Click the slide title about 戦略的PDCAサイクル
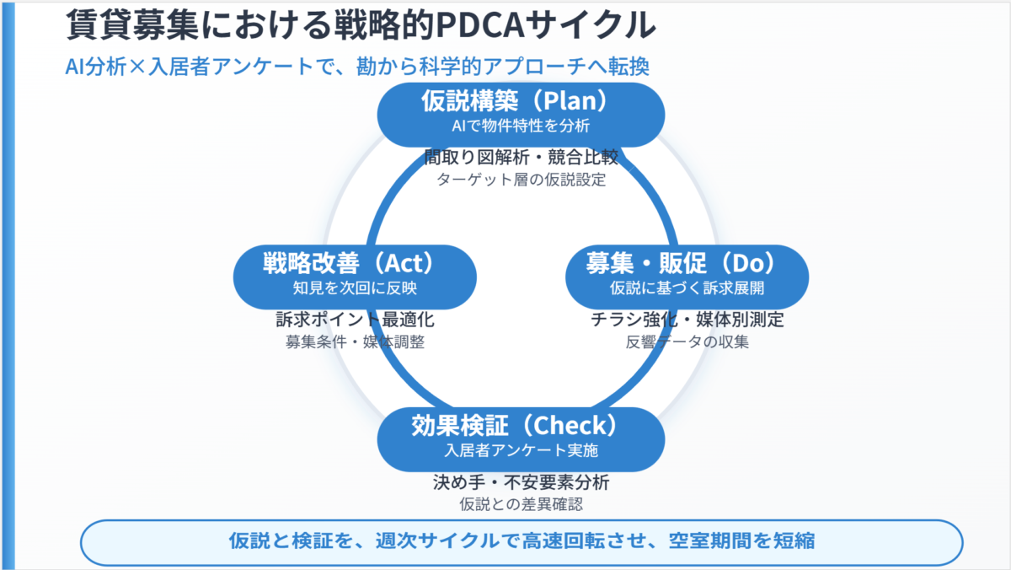(361, 26)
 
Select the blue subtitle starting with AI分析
(357, 67)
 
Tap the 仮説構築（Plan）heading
(521, 102)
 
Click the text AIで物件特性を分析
(521, 126)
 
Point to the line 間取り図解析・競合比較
(521, 158)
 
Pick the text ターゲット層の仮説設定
(521, 180)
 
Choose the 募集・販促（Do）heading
(686, 264)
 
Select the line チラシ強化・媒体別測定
(687, 320)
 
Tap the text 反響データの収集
(687, 342)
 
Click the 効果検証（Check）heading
(521, 426)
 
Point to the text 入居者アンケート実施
(521, 450)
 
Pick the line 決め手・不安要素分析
(521, 483)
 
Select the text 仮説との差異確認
(521, 505)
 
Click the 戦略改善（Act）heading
(355, 264)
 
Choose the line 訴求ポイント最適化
(355, 320)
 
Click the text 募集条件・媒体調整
(355, 342)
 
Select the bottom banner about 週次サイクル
(522, 541)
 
